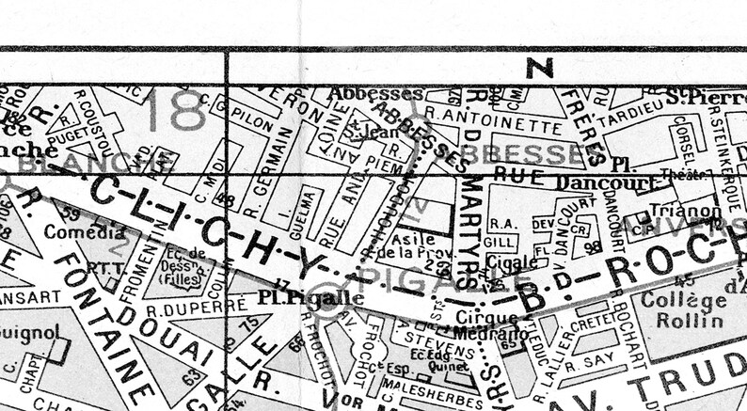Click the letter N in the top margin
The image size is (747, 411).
tap(539, 67)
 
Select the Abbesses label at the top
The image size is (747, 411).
tap(374, 94)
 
